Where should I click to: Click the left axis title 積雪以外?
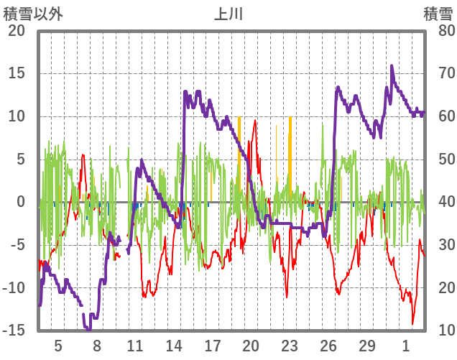(x=33, y=14)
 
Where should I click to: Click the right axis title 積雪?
(x=437, y=14)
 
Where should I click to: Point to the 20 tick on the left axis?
(x=16, y=31)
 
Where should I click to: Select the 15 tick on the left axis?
(x=16, y=73)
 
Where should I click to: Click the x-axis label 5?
(x=58, y=345)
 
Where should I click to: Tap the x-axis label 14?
(x=173, y=345)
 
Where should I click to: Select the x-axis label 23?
(x=290, y=345)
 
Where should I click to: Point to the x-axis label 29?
(x=367, y=345)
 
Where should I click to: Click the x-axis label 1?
(x=406, y=345)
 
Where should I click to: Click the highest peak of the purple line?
(x=392, y=66)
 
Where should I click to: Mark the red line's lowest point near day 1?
(x=412, y=323)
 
